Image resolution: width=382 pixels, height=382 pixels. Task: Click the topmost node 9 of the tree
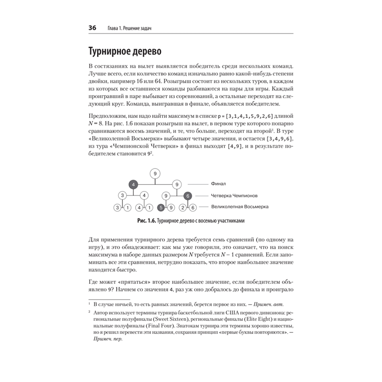point(155,174)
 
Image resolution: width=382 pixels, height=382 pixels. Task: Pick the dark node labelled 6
point(187,196)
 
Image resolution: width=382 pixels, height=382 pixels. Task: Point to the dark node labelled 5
point(161,208)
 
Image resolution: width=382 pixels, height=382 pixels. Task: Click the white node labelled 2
point(183,208)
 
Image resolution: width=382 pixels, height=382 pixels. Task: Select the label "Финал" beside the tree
point(219,184)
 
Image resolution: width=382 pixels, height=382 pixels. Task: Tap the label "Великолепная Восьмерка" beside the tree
point(240,207)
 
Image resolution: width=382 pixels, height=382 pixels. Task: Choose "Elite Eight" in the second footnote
point(283,319)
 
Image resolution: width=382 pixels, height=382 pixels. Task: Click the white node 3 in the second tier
point(122,196)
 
